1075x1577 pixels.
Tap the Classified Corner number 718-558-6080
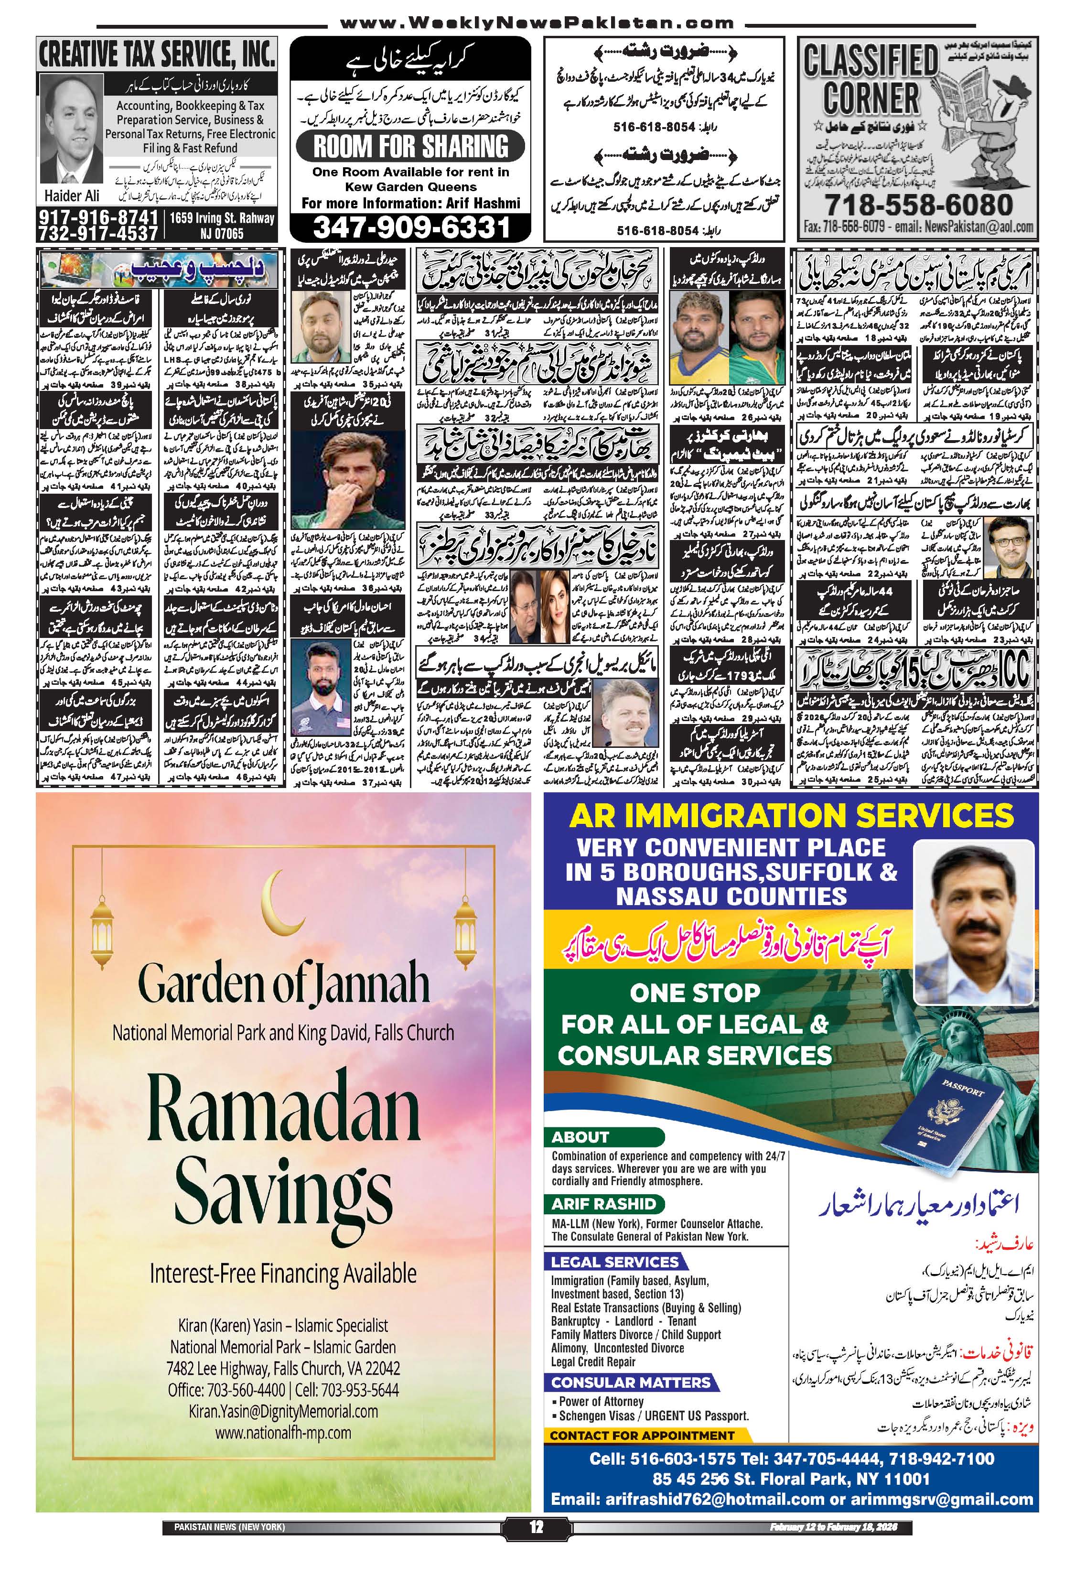coord(918,204)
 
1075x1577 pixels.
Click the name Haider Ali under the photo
coord(71,195)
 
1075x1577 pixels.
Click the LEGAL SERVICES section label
coord(614,1262)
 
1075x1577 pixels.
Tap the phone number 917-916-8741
coord(98,218)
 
